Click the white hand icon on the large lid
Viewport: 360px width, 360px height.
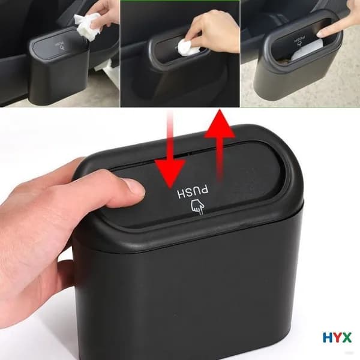197,207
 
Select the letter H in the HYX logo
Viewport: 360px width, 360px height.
328,338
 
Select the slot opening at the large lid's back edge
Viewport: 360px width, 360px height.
181,155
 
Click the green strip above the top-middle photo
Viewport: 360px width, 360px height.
180,1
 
